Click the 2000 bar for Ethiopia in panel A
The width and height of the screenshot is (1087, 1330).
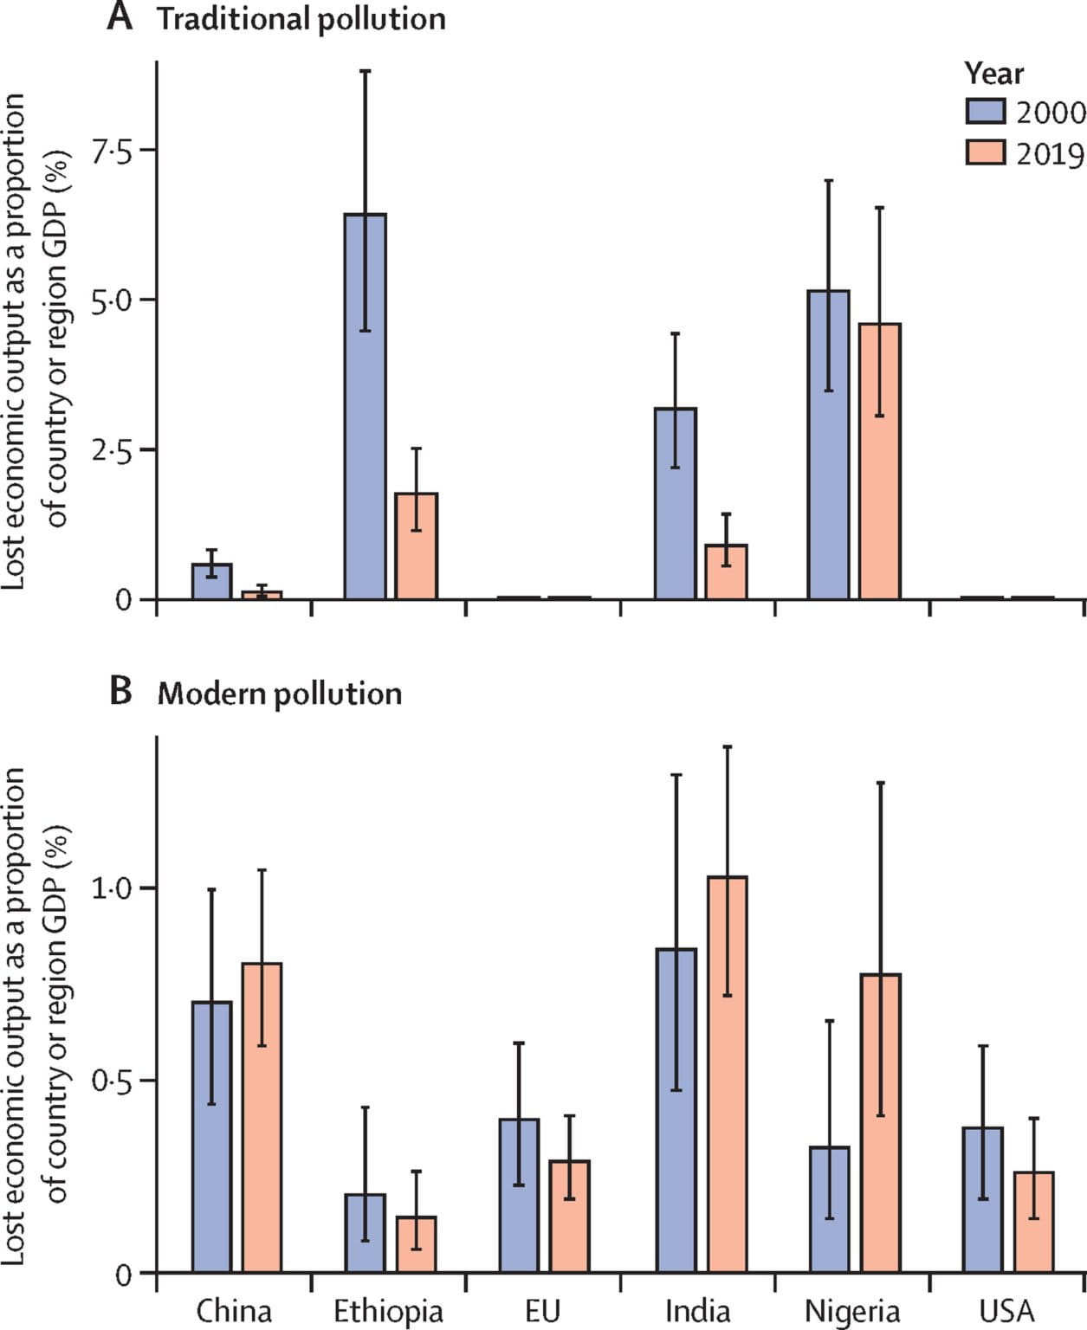[x=365, y=406]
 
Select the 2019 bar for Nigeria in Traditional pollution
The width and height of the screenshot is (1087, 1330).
[x=879, y=461]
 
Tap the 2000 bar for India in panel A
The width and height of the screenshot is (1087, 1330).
[x=675, y=503]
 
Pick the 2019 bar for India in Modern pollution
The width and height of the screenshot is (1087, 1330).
[x=727, y=1074]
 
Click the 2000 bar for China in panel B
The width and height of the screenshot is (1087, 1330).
[x=211, y=1136]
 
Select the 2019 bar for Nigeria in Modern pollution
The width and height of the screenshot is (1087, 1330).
[x=880, y=1122]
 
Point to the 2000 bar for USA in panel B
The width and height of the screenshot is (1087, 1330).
[x=982, y=1199]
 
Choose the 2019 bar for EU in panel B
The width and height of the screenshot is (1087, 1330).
[x=569, y=1216]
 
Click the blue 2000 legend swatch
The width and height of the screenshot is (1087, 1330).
[x=985, y=112]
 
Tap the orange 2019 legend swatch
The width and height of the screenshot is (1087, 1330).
[x=985, y=153]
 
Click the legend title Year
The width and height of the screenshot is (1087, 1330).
[x=993, y=74]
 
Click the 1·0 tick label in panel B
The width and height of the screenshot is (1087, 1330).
[x=112, y=889]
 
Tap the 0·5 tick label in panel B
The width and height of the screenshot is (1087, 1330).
[x=112, y=1081]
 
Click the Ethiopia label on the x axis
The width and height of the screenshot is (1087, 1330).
[x=388, y=1311]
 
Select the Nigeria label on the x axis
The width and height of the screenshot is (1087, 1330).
[x=851, y=1311]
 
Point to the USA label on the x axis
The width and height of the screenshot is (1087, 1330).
[x=1006, y=1311]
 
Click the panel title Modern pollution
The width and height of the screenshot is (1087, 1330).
[x=280, y=694]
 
